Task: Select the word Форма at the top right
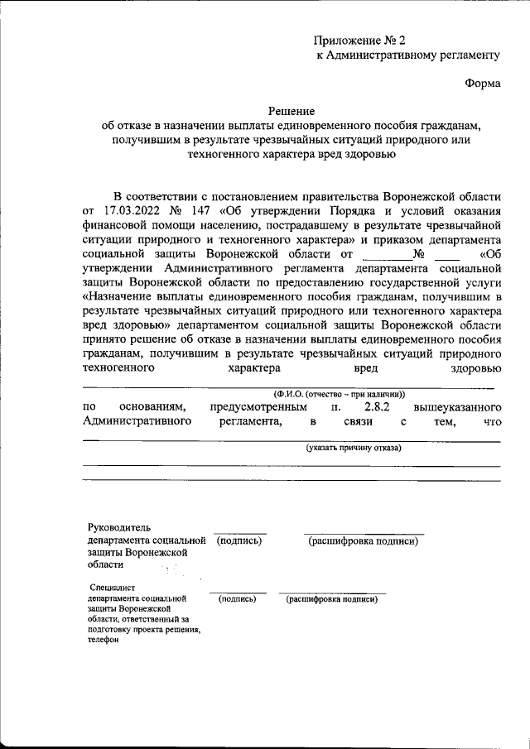[482, 83]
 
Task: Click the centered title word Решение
[291, 110]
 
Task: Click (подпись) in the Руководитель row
[239, 541]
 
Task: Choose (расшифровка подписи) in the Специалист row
[332, 598]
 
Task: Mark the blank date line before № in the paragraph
[386, 253]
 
